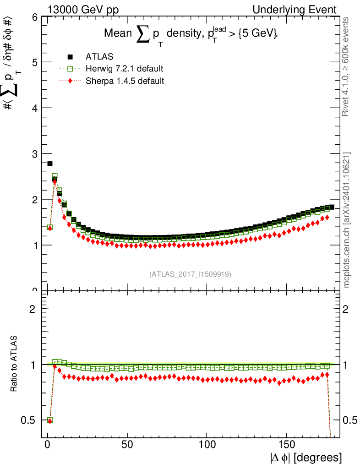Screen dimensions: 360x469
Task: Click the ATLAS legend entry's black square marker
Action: [x=70, y=57]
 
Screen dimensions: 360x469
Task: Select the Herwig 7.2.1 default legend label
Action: [x=125, y=69]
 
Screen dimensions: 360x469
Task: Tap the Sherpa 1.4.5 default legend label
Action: [x=125, y=81]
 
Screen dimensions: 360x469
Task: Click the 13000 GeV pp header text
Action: [x=83, y=10]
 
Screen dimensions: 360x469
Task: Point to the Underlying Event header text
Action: [x=295, y=10]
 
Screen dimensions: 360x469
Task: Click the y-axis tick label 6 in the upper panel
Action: [x=35, y=17]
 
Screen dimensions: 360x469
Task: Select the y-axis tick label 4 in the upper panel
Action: [x=35, y=108]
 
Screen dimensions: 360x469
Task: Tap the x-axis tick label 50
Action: [x=127, y=444]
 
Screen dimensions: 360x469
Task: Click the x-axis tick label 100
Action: [x=207, y=444]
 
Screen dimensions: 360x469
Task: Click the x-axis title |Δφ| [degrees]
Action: [x=305, y=458]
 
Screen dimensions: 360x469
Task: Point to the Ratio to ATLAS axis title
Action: [x=14, y=364]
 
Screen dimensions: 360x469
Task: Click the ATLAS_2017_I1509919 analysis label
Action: [x=190, y=274]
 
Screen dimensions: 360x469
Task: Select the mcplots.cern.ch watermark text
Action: [x=346, y=220]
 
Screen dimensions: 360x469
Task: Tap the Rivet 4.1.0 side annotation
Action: [x=345, y=67]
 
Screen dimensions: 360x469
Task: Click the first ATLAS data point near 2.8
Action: [x=50, y=164]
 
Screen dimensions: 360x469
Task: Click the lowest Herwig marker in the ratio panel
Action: [x=50, y=420]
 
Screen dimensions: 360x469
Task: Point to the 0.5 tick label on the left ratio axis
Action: [x=28, y=420]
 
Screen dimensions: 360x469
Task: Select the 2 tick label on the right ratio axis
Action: [x=345, y=309]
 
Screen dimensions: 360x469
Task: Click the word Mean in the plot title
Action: [x=118, y=33]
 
